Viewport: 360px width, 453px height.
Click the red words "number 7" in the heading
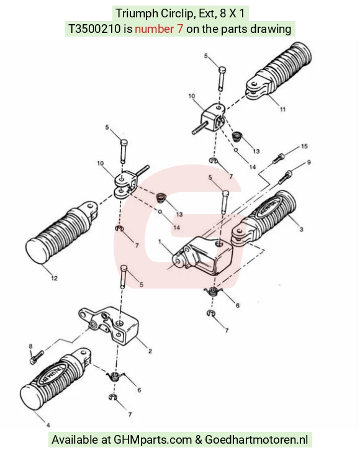point(159,29)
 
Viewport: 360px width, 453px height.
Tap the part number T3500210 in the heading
point(94,29)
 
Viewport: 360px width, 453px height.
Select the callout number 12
point(54,278)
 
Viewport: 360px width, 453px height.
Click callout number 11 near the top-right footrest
point(282,109)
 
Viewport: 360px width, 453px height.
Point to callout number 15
point(304,146)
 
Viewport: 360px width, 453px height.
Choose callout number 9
point(309,163)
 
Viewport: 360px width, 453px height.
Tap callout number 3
point(302,230)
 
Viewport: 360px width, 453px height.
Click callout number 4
point(48,425)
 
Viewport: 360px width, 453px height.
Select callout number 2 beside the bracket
point(150,351)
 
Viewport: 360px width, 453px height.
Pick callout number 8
point(30,346)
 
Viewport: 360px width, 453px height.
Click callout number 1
point(160,241)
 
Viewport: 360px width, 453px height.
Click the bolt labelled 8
point(37,357)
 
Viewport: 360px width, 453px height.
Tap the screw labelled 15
point(278,159)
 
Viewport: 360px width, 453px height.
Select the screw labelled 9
point(286,177)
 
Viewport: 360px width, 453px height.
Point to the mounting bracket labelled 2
point(109,325)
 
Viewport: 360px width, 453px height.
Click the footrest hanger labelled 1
point(202,256)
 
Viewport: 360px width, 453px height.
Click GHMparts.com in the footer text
point(153,440)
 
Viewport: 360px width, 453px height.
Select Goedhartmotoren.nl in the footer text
point(256,440)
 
